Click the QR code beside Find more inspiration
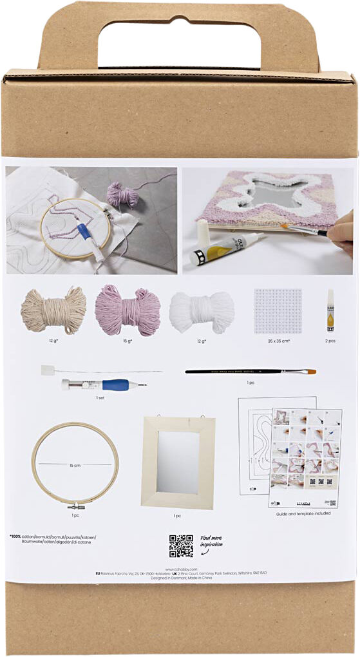[x=181, y=546]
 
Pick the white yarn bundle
[x=202, y=311]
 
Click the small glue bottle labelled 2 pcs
[x=330, y=310]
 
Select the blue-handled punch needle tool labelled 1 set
[x=103, y=385]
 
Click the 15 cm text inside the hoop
[x=75, y=464]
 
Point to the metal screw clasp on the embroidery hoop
[x=75, y=506]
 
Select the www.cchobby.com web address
[x=180, y=569]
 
